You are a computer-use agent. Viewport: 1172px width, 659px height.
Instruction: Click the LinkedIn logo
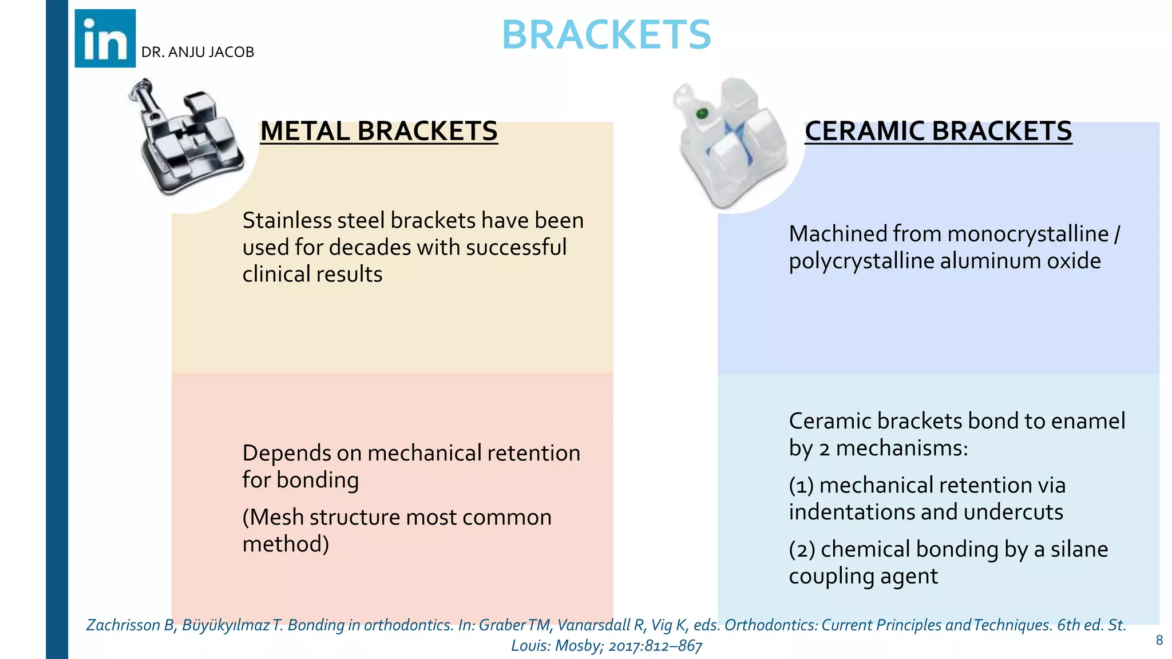[x=105, y=38]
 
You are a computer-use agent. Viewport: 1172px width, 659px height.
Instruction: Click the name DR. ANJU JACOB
[x=197, y=52]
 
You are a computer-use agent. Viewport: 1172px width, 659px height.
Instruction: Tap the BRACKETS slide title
[x=606, y=35]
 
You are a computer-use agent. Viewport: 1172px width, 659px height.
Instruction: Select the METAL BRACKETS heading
[x=379, y=131]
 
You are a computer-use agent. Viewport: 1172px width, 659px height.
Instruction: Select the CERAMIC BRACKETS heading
[x=938, y=131]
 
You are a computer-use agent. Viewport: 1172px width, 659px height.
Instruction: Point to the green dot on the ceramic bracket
[x=702, y=114]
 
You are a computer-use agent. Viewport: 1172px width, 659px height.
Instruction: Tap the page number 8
[x=1159, y=640]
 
